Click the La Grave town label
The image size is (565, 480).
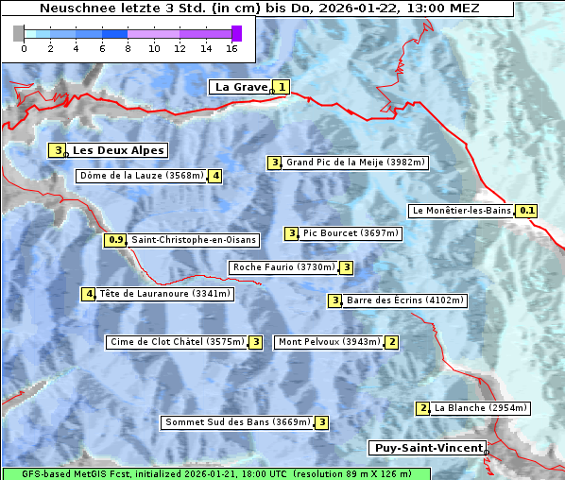point(241,87)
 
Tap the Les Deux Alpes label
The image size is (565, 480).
point(118,150)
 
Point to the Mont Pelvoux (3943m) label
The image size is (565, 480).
point(329,342)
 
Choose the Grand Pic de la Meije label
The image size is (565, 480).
point(356,163)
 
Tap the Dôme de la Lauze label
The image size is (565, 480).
point(142,175)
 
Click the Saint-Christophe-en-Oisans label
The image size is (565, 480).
point(193,240)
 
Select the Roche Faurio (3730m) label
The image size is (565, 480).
point(284,267)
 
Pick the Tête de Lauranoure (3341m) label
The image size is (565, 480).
point(164,294)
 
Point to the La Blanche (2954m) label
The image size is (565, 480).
point(481,408)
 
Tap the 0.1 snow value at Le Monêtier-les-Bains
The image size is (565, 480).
point(527,211)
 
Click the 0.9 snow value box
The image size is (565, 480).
point(116,240)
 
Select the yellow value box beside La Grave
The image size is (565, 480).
point(282,87)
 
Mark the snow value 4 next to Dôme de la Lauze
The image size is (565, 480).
point(216,175)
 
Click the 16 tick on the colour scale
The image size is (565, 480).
point(232,48)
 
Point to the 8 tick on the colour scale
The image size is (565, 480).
point(128,48)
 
